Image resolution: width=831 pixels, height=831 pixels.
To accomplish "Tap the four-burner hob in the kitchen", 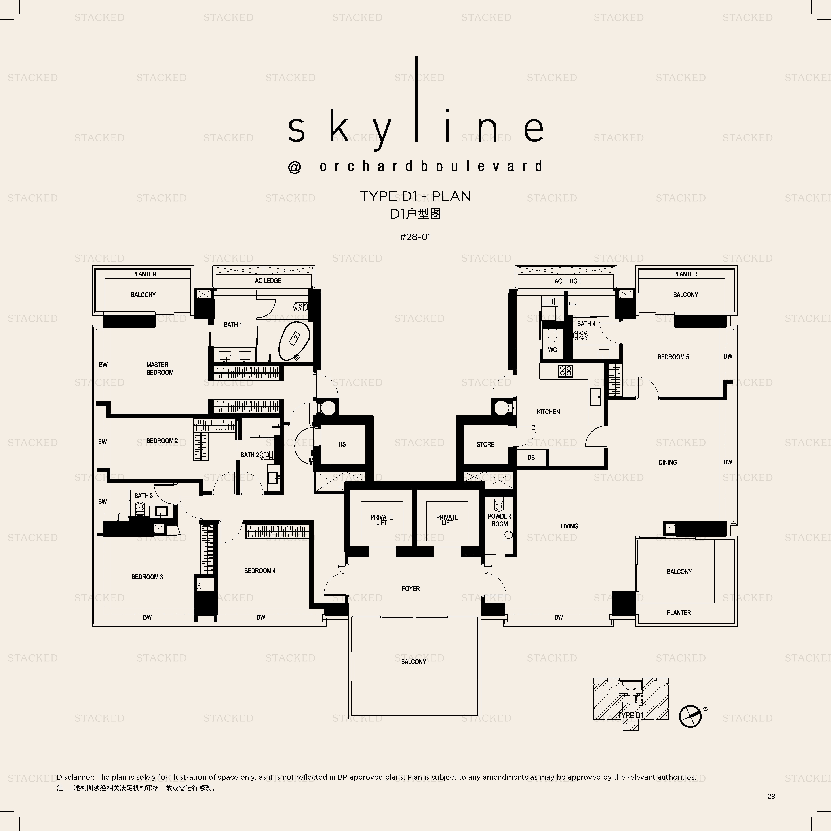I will coord(565,371).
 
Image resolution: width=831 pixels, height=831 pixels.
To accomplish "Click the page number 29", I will coord(771,796).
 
